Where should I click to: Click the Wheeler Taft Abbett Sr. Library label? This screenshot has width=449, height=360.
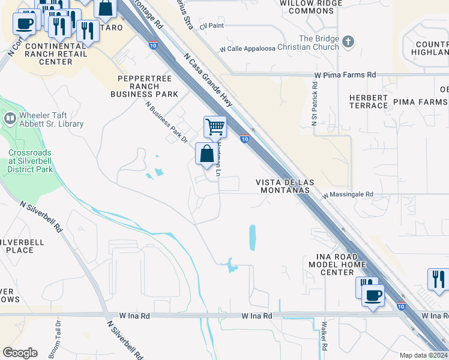51,119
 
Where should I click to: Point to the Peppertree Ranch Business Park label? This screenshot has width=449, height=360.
144,86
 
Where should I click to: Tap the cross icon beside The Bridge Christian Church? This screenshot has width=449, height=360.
349,41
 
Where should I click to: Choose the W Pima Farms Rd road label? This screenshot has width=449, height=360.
345,75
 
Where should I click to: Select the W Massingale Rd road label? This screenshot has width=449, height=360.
348,195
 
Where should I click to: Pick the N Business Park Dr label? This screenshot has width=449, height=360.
166,121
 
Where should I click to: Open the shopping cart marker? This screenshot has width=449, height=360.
215,127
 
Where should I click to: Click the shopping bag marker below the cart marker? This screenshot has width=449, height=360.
206,154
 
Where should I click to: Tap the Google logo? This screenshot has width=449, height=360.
20,353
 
